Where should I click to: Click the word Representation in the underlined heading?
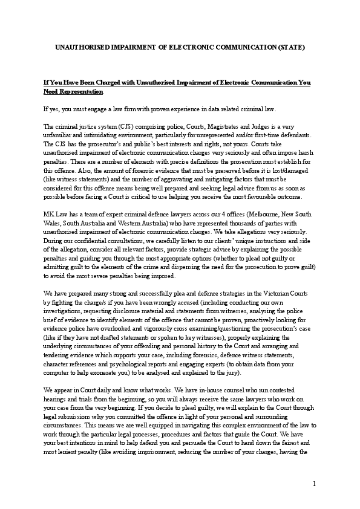73,92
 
